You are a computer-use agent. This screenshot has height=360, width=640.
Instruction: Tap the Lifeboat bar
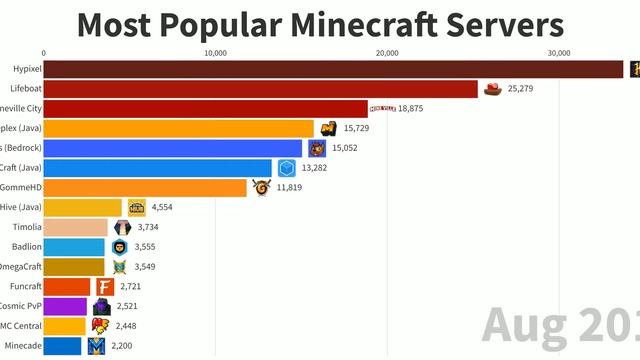coord(261,89)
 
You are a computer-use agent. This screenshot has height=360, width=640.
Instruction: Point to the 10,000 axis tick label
coord(215,53)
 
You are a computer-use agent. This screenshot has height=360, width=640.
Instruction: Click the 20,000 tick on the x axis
coord(386,53)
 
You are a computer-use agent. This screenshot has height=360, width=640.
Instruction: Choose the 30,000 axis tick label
coord(558,53)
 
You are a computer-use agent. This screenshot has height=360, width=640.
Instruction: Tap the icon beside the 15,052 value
coord(317,148)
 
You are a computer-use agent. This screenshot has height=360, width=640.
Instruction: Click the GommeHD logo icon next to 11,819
coord(261,187)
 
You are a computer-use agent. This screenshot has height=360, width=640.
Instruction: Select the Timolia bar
coord(76,227)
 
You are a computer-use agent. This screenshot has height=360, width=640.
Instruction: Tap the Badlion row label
coord(26,246)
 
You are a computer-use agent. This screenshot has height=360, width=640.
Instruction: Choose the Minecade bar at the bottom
coord(63,346)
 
